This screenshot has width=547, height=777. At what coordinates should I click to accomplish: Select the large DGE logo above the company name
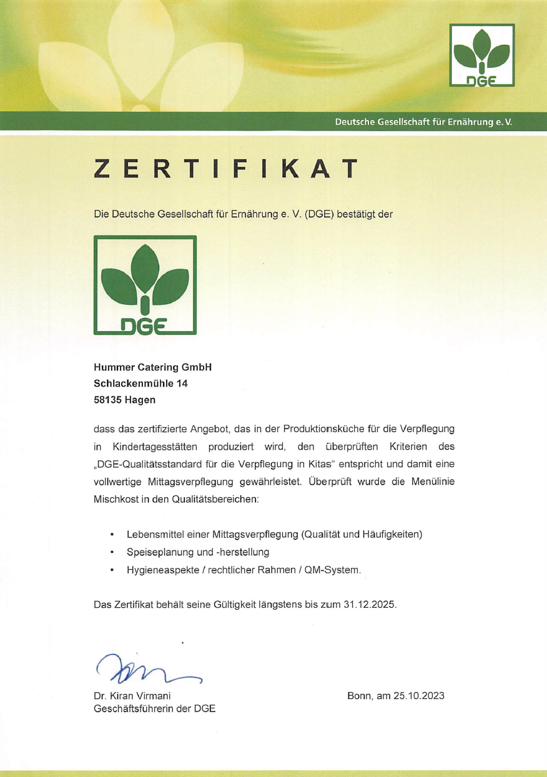click(x=145, y=285)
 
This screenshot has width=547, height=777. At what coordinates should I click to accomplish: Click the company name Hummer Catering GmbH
click(x=152, y=368)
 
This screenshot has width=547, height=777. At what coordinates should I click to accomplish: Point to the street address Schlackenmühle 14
click(x=140, y=384)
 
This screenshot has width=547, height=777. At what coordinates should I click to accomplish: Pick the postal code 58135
click(x=106, y=399)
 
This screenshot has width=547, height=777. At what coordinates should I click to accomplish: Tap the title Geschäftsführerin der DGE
click(x=154, y=709)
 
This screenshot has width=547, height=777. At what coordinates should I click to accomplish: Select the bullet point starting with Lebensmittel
click(x=274, y=535)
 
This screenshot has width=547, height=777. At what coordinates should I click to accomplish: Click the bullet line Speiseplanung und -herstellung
click(x=197, y=552)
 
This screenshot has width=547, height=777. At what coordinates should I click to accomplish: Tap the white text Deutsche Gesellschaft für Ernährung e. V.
click(x=423, y=122)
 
